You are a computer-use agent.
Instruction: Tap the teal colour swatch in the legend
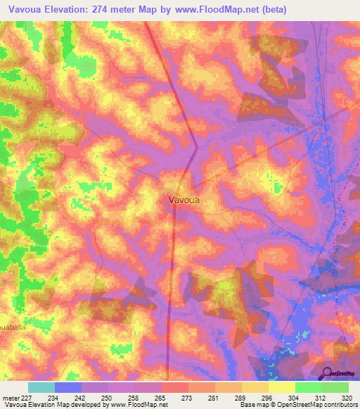click(41, 387)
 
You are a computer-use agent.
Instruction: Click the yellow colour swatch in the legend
click(281, 387)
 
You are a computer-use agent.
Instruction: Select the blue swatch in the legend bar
click(67, 387)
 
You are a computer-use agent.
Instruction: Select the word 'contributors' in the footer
click(339, 405)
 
